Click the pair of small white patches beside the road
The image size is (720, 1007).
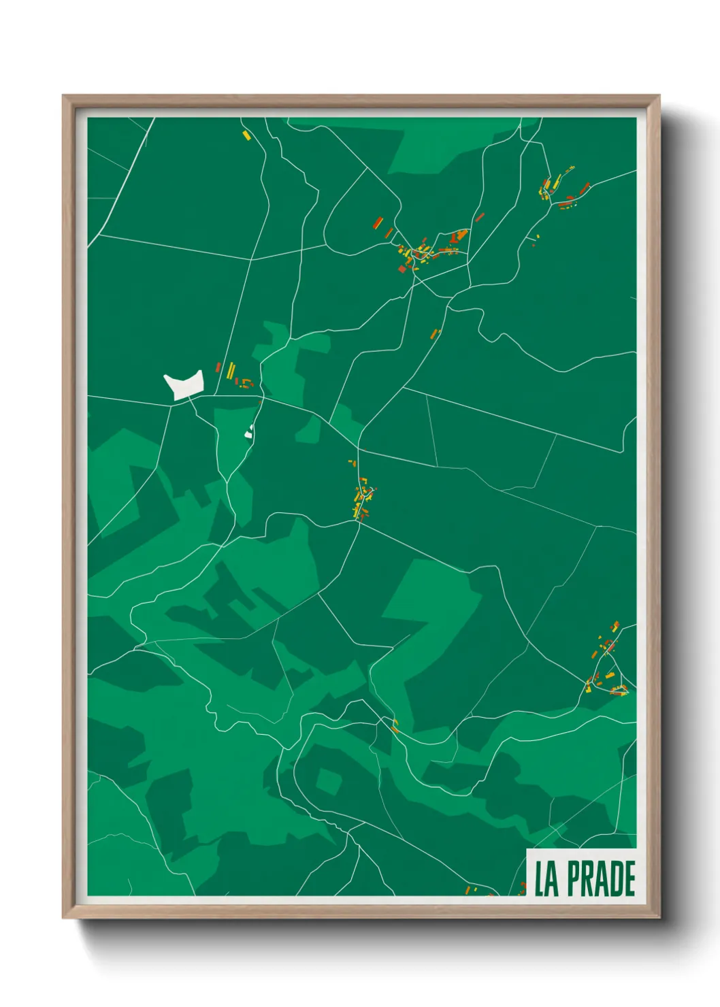[249, 430]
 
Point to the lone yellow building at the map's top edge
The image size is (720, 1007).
[246, 135]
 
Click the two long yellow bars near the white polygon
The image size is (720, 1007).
[231, 371]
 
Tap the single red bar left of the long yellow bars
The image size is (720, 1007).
[218, 367]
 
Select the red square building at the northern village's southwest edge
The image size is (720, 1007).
[402, 269]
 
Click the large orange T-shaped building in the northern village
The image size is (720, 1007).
[459, 237]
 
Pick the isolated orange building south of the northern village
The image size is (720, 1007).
[436, 333]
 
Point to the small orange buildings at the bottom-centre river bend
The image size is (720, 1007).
[395, 725]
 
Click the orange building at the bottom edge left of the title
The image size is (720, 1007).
[468, 890]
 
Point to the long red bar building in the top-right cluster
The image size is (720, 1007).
[584, 187]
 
